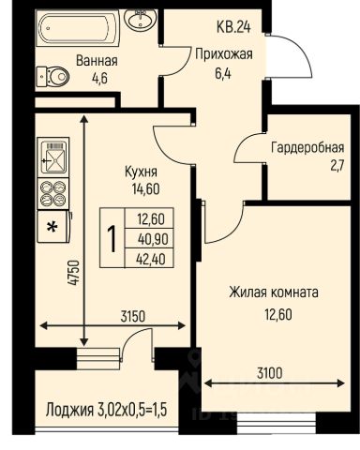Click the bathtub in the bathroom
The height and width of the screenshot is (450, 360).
point(78,27)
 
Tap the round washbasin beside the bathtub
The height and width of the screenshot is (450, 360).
point(140,20)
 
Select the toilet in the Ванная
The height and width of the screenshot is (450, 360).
point(52,77)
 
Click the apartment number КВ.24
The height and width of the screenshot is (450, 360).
point(233,27)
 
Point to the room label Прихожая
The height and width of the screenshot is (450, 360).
point(224,54)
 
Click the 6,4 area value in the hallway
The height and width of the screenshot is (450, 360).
point(223,73)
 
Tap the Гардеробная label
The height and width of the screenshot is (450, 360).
point(307,147)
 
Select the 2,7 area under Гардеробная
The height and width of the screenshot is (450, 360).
point(337,166)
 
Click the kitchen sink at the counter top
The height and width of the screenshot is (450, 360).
point(53,157)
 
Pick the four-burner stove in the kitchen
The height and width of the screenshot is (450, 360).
point(53,193)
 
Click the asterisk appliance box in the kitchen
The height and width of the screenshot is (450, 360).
point(52,227)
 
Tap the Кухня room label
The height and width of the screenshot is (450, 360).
point(141,172)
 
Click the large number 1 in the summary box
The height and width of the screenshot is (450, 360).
point(112,239)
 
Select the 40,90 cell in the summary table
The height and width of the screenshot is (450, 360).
point(153,239)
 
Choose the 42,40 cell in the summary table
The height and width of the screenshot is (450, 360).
point(151,259)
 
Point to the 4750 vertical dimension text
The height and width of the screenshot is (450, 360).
point(74,273)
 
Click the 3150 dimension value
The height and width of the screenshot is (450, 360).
point(133,317)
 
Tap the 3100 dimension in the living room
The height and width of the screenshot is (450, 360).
point(270,373)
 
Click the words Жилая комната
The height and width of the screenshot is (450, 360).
point(274,292)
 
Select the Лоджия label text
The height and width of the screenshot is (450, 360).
point(69,410)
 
